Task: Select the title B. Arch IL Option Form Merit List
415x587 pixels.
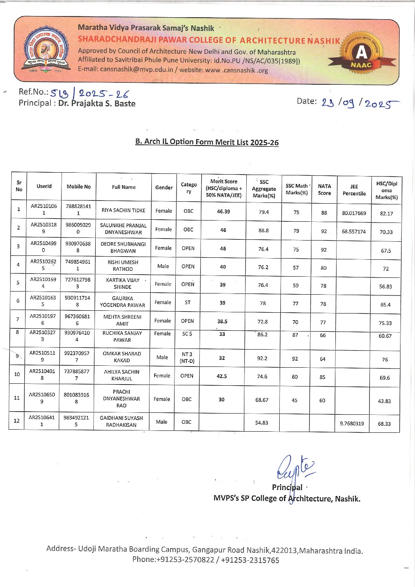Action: (207, 142)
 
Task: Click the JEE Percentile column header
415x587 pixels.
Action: (354, 190)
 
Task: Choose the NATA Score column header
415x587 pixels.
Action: (324, 190)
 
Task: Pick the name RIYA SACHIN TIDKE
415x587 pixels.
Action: (123, 210)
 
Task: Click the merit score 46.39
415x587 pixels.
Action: (223, 211)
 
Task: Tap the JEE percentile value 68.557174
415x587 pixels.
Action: (353, 232)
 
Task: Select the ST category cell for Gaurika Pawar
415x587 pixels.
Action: (187, 303)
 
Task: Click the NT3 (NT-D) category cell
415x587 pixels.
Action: (187, 357)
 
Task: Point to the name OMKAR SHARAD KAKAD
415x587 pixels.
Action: (122, 357)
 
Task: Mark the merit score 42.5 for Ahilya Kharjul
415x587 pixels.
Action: (222, 376)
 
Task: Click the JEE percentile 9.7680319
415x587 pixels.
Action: (351, 423)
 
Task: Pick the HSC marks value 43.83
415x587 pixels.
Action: (384, 401)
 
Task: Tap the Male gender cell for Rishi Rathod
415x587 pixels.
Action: (163, 266)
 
